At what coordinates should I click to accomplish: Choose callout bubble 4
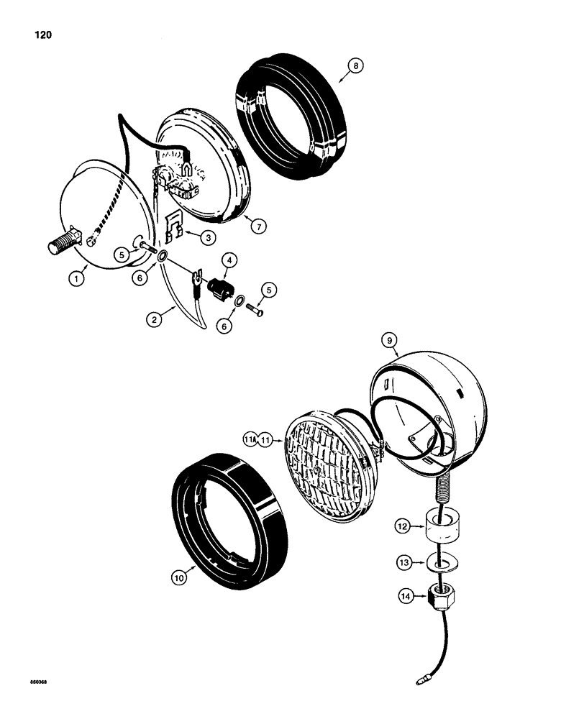point(229,260)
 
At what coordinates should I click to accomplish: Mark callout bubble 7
point(260,225)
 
